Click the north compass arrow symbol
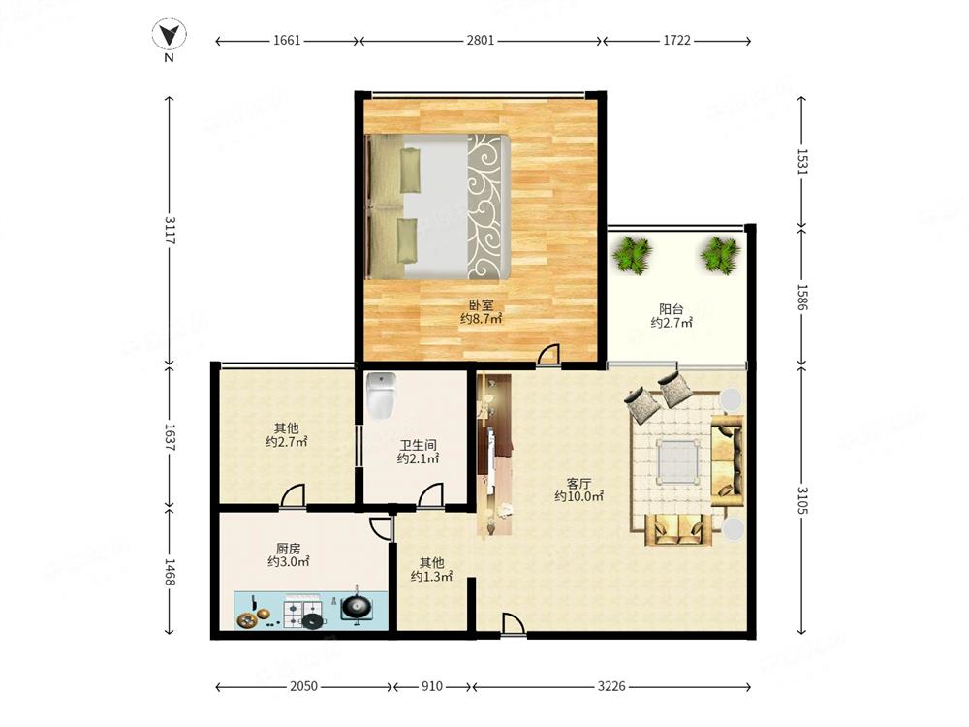170,35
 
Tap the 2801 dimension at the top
481,40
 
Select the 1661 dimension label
287,40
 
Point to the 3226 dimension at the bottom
611,686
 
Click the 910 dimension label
432,686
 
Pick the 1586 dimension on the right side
802,298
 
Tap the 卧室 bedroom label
482,305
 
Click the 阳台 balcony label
672,308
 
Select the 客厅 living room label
578,482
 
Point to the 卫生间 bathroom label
418,445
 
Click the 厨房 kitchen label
288,548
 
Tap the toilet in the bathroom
381,395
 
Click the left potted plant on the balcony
632,255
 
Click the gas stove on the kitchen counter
301,612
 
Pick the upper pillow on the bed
410,169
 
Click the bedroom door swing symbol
547,355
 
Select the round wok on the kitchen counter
357,607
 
